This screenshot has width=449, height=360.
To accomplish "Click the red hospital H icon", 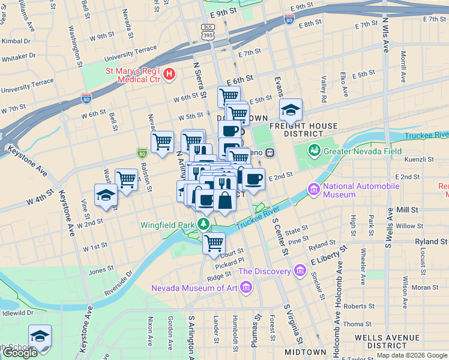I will click(170, 74).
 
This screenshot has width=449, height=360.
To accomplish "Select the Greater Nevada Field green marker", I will click(313, 150).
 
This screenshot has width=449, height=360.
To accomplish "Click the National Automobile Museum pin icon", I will click(313, 190).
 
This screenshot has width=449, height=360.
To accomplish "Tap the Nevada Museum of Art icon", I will click(244, 287).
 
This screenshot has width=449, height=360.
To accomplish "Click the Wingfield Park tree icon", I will click(204, 225).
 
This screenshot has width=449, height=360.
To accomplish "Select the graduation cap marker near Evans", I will click(291, 110).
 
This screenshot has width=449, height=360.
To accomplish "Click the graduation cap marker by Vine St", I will click(106, 196).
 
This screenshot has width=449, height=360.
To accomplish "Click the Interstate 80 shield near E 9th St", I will click(289, 19).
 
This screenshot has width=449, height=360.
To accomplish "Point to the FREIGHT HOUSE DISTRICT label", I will click(304, 130).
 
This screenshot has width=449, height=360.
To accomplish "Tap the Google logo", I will click(19, 353).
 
